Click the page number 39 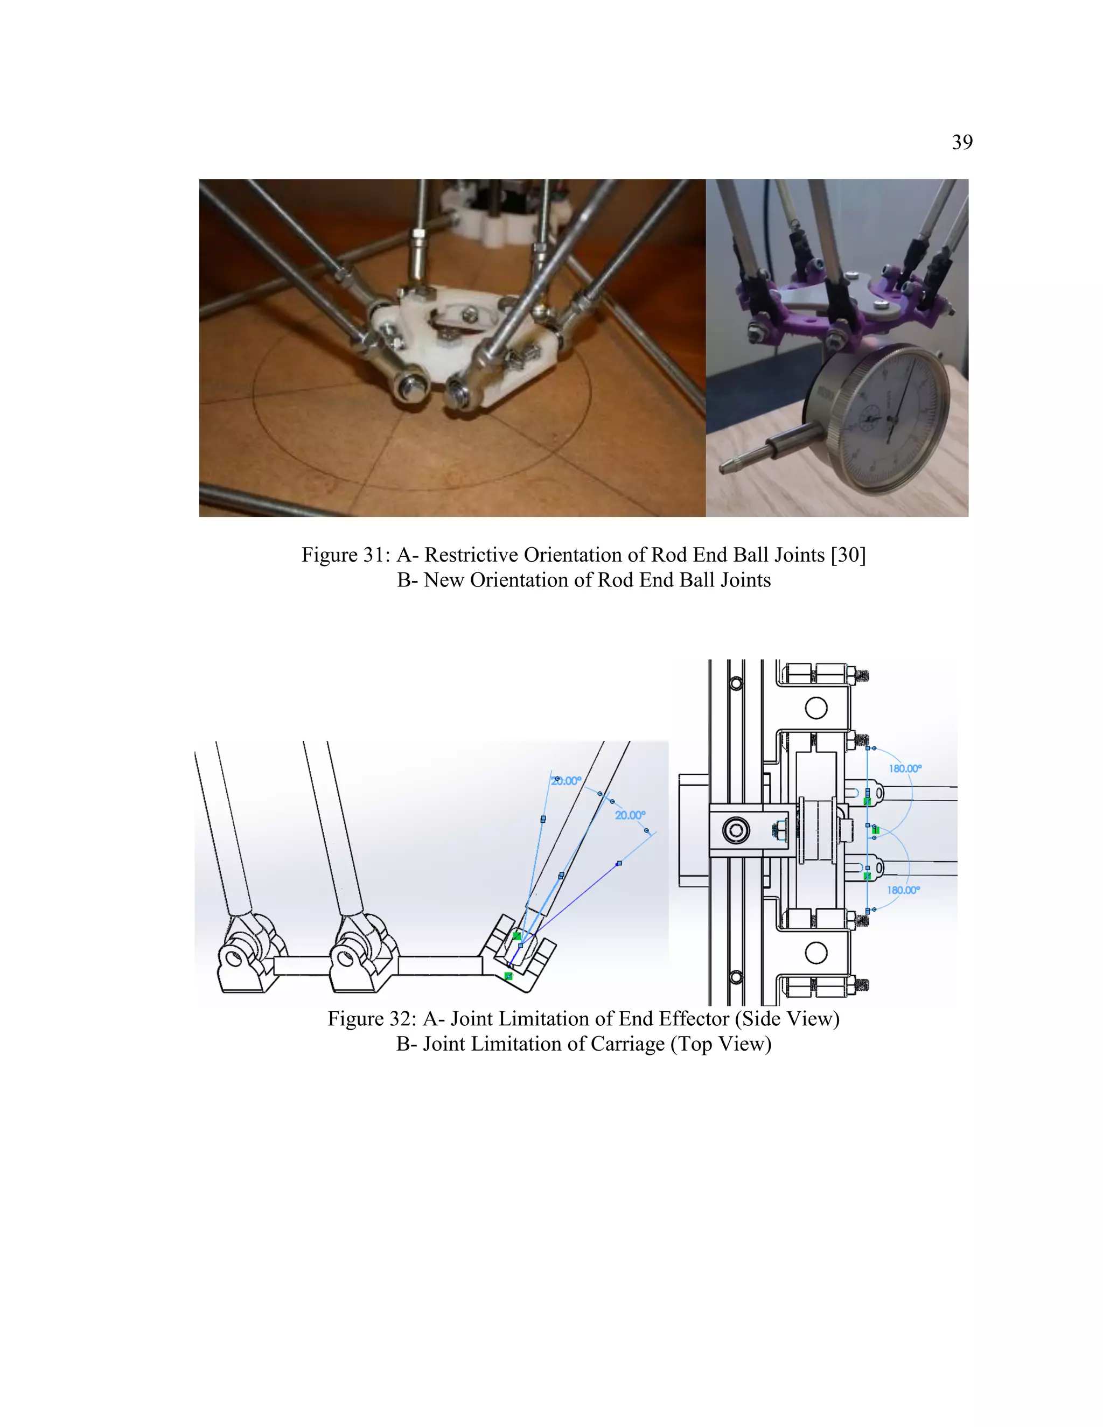point(962,142)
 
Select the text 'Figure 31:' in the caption point(346,555)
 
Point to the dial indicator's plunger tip point(725,466)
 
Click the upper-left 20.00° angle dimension point(567,781)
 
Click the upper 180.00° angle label point(905,768)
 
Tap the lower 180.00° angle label point(903,890)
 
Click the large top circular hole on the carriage point(816,708)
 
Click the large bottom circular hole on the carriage point(816,953)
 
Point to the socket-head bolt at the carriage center point(736,830)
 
